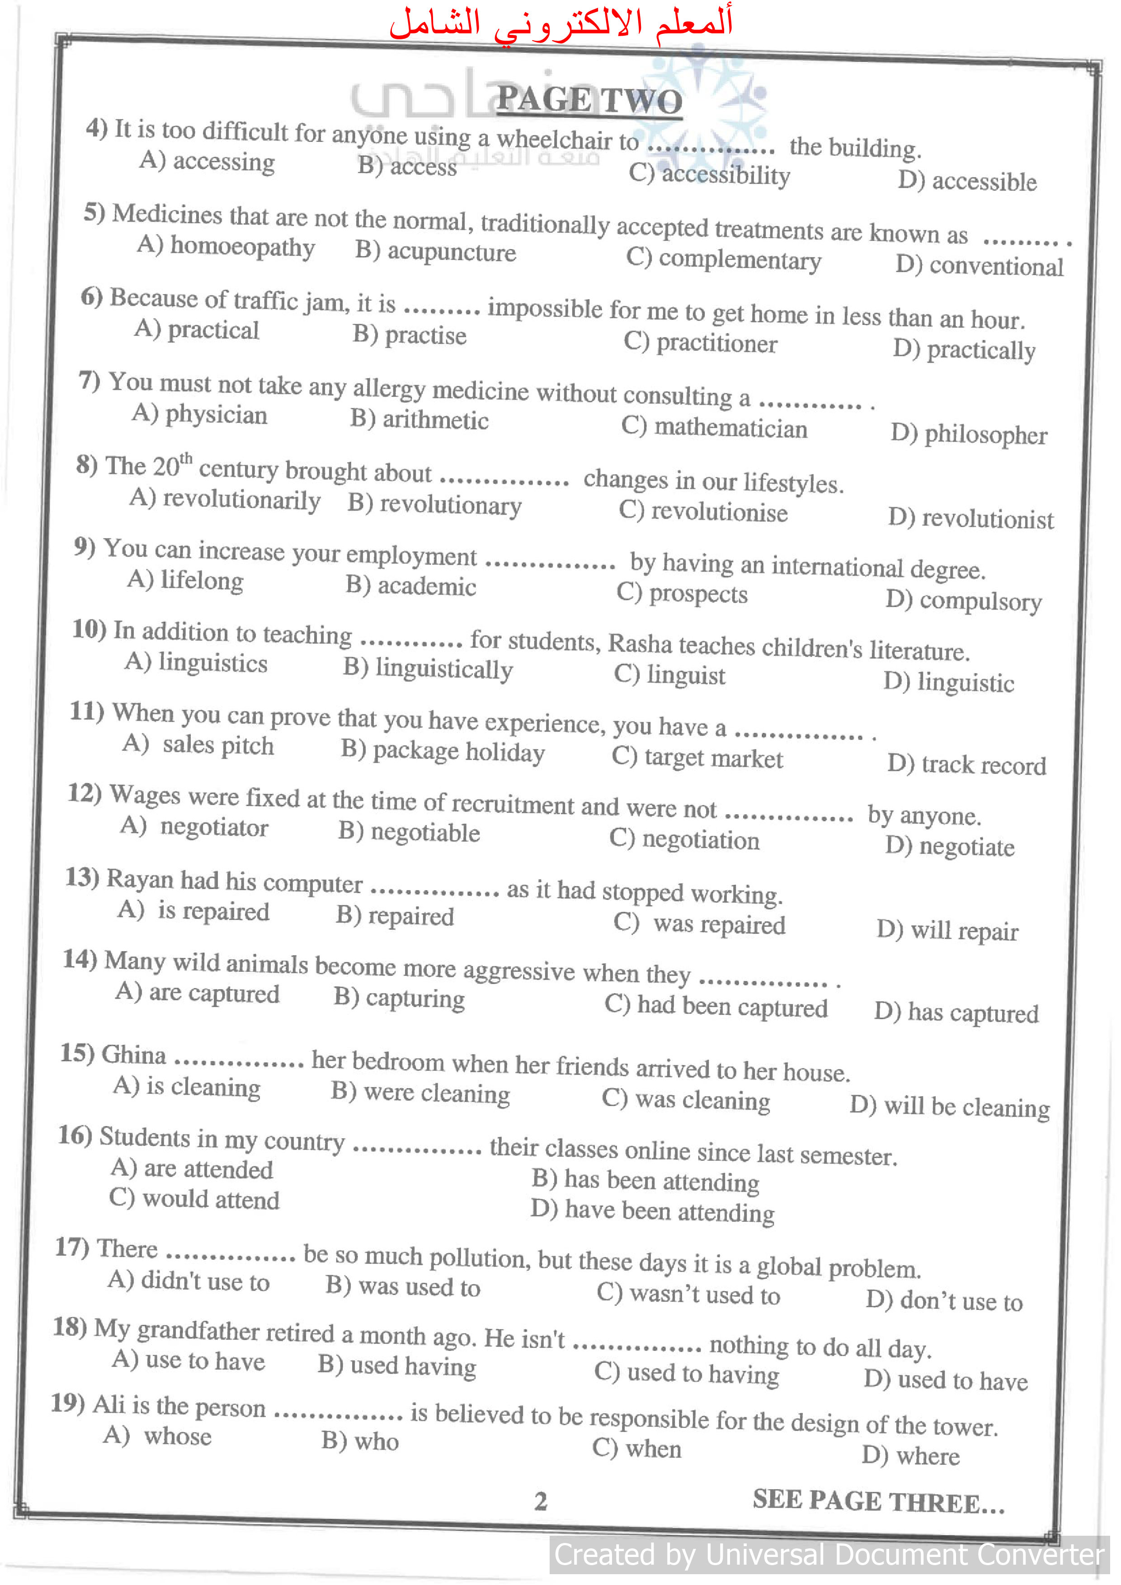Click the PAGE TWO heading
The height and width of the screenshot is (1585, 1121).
589,101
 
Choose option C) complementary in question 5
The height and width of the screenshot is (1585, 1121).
723,259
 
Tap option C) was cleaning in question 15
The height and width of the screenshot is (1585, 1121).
686,1099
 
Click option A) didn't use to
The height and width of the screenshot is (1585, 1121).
188,1281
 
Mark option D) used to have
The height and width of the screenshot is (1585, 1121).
946,1380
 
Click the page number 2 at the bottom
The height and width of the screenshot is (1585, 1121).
541,1501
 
